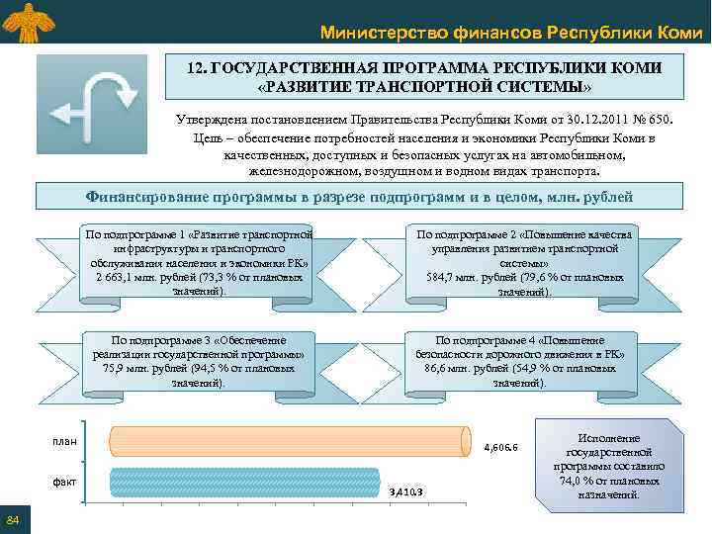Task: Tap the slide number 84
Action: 13,521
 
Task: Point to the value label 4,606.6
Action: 500,448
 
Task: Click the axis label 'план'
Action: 64,440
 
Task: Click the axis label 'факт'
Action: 64,482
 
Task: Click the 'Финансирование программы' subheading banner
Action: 360,197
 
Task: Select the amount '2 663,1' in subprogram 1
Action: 115,278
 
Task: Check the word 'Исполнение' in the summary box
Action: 608,438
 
